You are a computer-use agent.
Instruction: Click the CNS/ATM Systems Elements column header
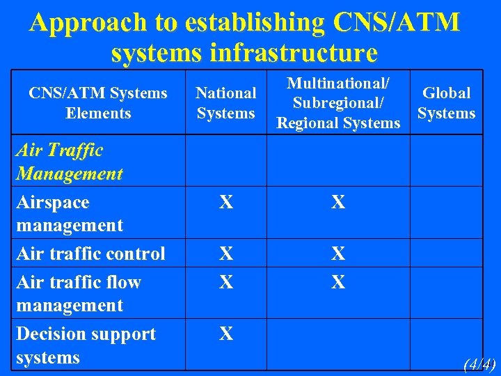[98, 103]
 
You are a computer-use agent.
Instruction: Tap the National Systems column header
[225, 103]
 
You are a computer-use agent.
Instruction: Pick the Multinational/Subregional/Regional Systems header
[338, 103]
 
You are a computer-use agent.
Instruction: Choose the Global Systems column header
[446, 103]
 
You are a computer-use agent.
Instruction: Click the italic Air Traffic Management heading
[69, 162]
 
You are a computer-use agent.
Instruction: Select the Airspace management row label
[69, 214]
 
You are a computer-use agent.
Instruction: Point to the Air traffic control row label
[90, 253]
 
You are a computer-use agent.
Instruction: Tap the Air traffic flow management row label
[78, 293]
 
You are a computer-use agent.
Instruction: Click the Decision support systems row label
[85, 345]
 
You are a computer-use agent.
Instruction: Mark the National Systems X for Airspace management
[225, 203]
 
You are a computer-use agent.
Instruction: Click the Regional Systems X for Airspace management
[338, 203]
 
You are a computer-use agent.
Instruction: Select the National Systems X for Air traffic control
[225, 254]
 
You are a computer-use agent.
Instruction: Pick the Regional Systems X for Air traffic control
[338, 254]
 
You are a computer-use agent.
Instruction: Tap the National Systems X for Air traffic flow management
[225, 282]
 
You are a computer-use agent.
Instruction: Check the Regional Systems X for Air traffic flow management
[338, 282]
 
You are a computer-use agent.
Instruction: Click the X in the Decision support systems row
[225, 334]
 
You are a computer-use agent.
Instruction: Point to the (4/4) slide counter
[479, 364]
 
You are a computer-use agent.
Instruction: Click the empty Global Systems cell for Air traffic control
[446, 253]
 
